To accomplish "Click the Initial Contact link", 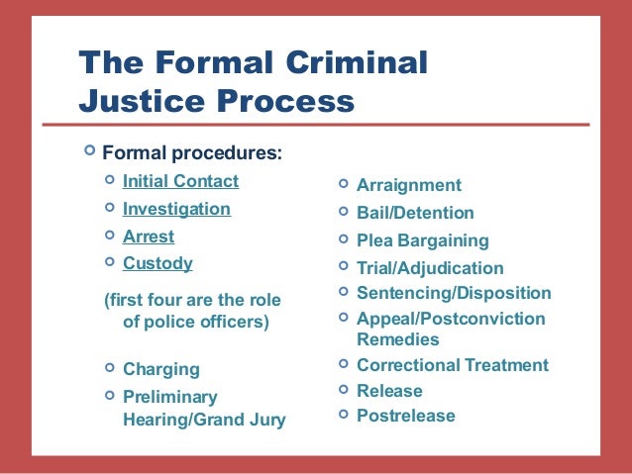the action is pos(180,181).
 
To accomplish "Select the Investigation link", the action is pos(176,210).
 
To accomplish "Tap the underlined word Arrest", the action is pos(148,237).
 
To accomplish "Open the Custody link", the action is pos(158,264).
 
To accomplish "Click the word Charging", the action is pos(160,369).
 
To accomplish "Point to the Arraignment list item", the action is pos(408,185).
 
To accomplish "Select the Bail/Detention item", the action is pos(415,213).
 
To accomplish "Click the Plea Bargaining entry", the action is pos(422,240).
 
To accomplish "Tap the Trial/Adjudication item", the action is pos(430,268).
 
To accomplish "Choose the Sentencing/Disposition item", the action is pos(454,293).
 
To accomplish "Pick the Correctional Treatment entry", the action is pos(452,365).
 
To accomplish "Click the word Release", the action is pos(389,391).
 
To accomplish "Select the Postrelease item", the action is pos(405,416).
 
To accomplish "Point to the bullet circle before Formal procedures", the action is pos(90,151).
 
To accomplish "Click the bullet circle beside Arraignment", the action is pos(342,184).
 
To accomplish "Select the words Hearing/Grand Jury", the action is pos(203,421).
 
